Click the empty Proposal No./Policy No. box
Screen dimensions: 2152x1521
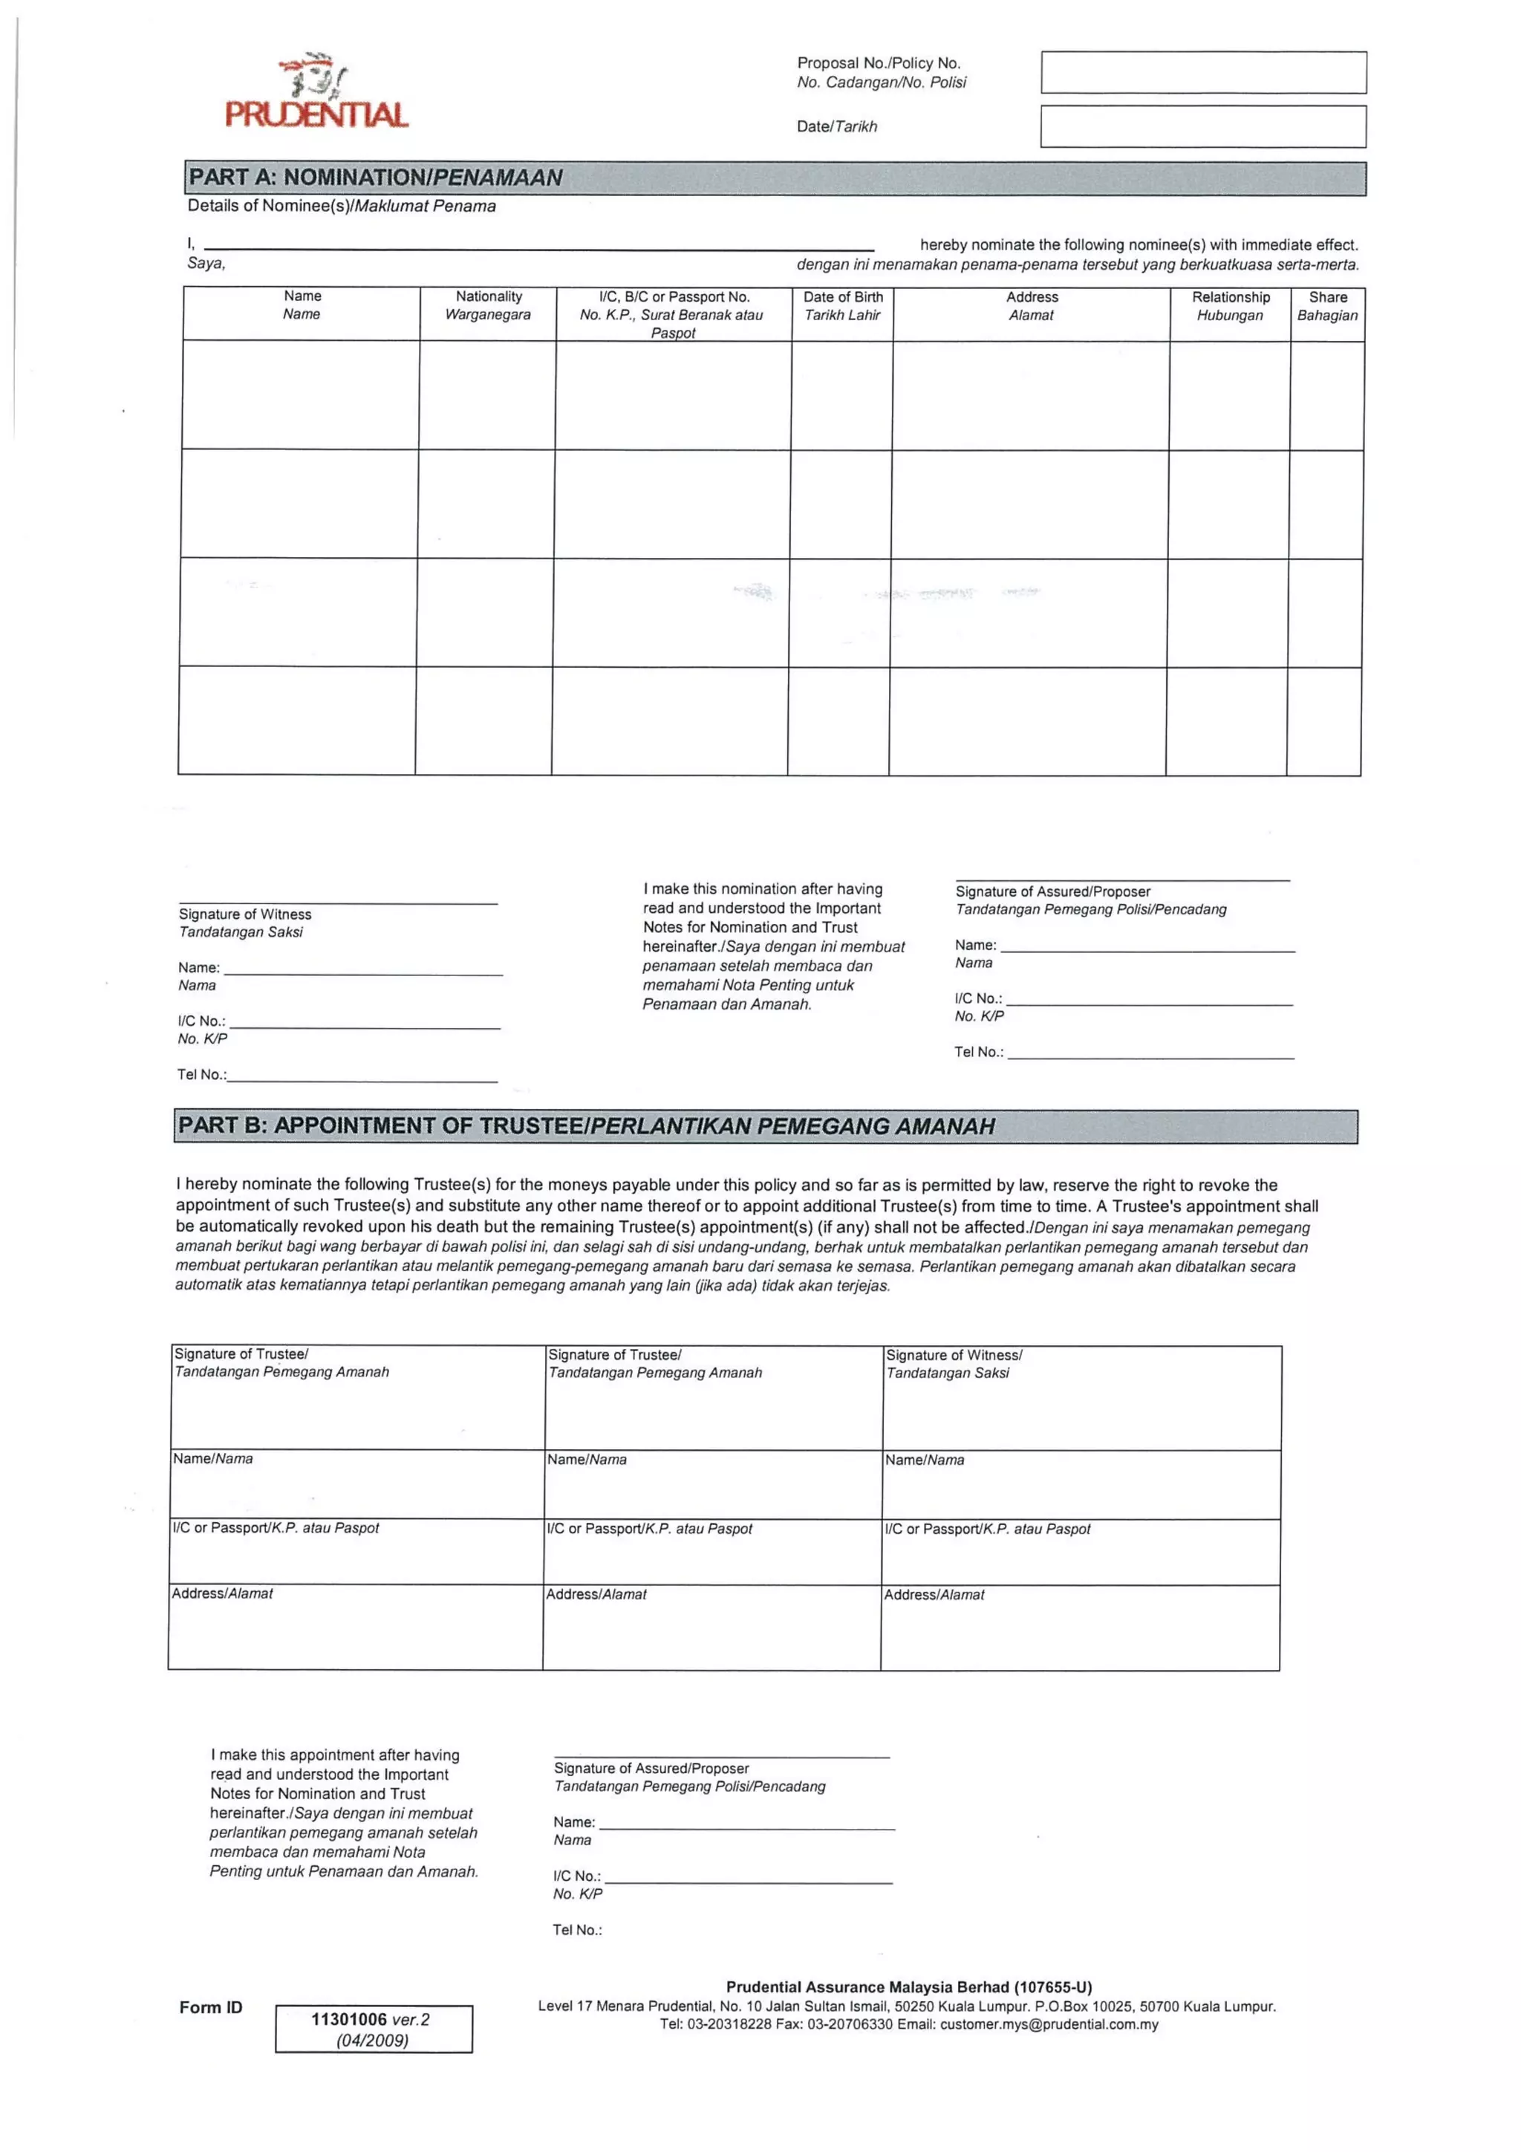(x=1202, y=72)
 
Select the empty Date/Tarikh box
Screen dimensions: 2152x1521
(x=1202, y=126)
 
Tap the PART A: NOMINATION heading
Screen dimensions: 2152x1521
(x=375, y=177)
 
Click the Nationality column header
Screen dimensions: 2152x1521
(x=488, y=305)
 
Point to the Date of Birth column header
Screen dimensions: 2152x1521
(x=842, y=305)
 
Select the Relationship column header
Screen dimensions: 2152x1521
(x=1231, y=305)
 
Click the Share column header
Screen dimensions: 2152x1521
(x=1327, y=305)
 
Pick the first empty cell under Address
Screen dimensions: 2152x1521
(x=1031, y=395)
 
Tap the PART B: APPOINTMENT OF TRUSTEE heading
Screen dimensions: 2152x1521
(x=586, y=1125)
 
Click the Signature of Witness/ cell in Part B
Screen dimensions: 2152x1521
(x=1081, y=1397)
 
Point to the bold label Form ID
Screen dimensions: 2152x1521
(x=211, y=2006)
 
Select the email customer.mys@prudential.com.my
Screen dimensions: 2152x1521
(x=1049, y=2024)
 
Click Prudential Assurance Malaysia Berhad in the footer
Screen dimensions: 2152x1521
(x=908, y=1987)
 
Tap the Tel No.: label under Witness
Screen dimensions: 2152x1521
(x=201, y=1074)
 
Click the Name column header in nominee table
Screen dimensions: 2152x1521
(x=302, y=305)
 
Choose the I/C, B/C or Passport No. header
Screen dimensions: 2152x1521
(x=673, y=314)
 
